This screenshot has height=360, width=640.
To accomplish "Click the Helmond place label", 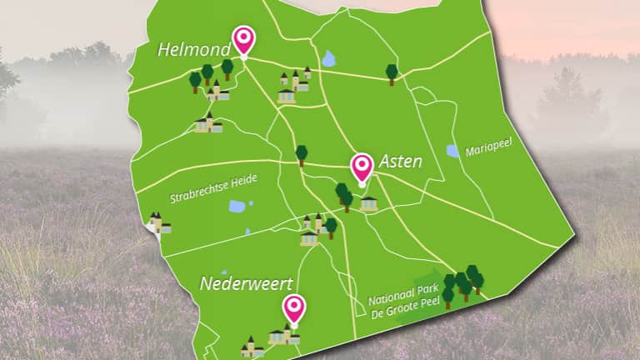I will [193, 51].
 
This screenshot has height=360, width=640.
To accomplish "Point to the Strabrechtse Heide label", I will [213, 188].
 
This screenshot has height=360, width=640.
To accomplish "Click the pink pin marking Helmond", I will [243, 38].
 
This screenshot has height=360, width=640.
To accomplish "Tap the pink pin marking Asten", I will [362, 167].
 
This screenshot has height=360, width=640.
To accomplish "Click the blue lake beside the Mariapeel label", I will [452, 151].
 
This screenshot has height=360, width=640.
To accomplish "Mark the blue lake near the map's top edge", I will [329, 59].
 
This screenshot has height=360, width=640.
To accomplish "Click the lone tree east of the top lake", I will [392, 73].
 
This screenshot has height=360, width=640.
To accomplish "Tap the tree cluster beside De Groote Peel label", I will [462, 284].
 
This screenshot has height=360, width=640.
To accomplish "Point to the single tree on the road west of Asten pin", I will [301, 154].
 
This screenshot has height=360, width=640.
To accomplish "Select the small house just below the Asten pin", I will [368, 202].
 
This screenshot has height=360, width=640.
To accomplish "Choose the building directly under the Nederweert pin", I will [284, 335].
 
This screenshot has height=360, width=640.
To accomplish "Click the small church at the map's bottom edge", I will [252, 347].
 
